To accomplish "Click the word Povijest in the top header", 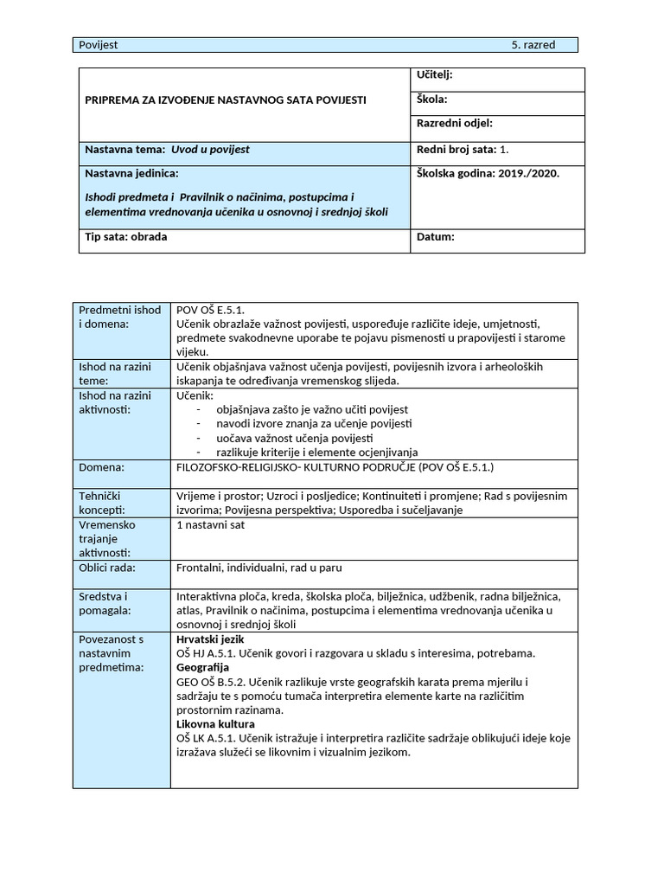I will pos(98,45).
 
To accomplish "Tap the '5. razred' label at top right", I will pos(533,45).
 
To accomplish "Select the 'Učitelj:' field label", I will pos(435,75).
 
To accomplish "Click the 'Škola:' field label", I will pos(431,100).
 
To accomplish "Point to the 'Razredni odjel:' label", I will pos(456,125).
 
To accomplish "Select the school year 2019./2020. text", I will pos(488,173).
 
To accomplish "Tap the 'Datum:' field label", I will pos(435,237).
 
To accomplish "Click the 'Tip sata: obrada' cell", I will pos(126,237).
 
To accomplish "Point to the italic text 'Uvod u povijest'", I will pos(210,150).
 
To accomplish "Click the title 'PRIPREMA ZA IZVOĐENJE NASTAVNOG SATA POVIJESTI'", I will pos(225,100).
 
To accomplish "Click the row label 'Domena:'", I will pos(102,467).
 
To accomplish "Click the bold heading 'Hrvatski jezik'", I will pos(211,639).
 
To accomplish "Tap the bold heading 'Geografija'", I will pos(202,668).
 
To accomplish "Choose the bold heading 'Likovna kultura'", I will pos(215,724).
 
